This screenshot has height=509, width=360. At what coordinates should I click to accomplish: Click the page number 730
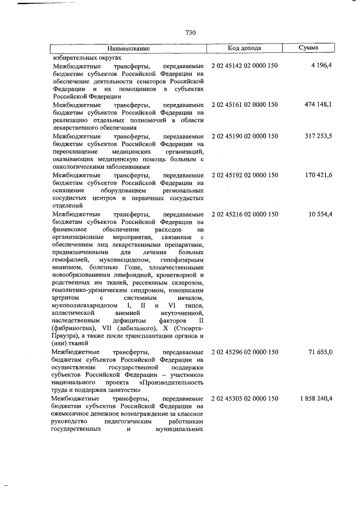190,33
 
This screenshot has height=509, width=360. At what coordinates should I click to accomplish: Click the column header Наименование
129,49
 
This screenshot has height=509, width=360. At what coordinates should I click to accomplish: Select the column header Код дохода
246,48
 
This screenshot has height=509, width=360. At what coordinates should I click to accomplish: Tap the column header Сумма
309,48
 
